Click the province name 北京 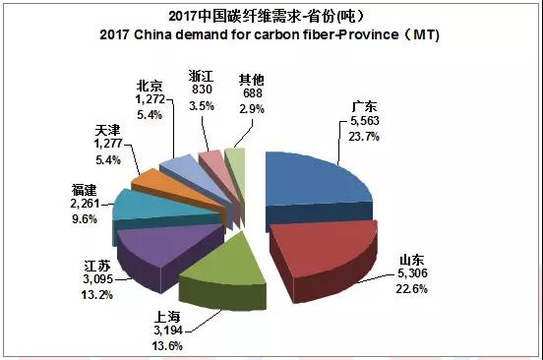[151, 86]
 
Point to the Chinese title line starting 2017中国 [271, 15]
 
